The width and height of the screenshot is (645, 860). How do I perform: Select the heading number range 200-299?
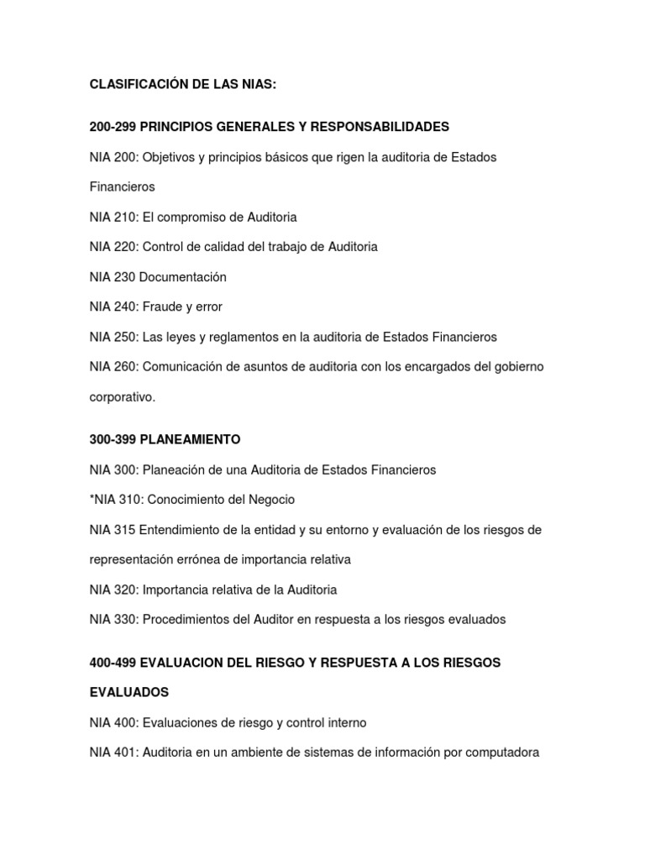tap(113, 127)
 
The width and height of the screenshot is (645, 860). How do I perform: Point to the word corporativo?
tap(123, 397)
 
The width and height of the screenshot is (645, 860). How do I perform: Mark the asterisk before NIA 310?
tap(92, 499)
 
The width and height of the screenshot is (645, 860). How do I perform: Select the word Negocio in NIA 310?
tap(271, 500)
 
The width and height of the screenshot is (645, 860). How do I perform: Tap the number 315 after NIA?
tap(124, 530)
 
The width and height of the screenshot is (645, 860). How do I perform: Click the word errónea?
tap(200, 559)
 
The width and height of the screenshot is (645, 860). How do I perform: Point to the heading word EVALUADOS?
tap(129, 693)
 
